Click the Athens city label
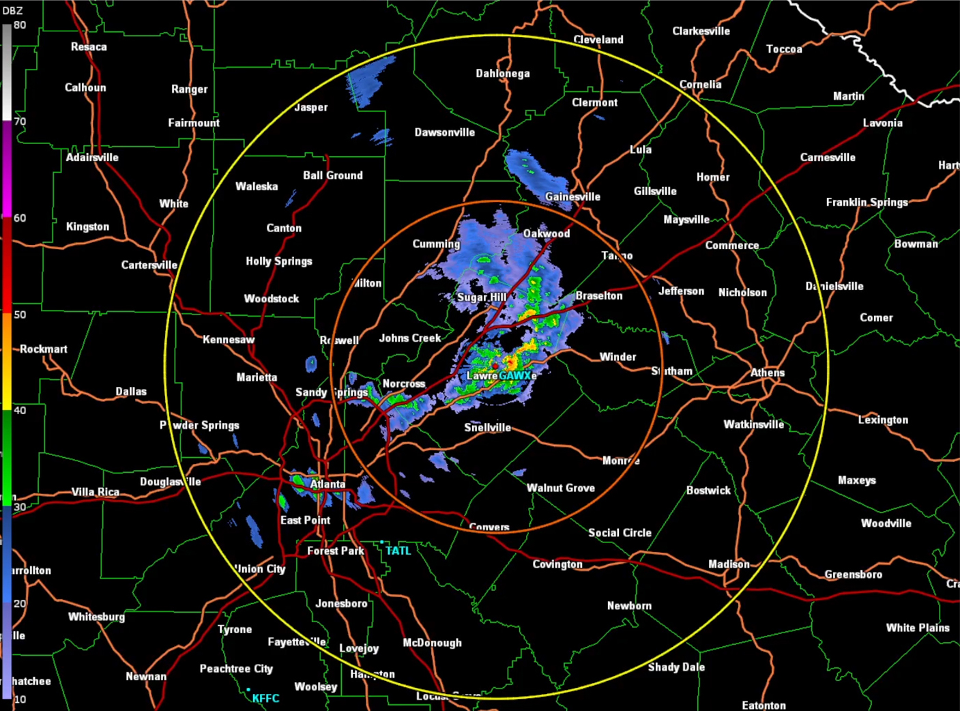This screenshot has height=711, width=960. tap(768, 373)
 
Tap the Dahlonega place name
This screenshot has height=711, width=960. tap(503, 74)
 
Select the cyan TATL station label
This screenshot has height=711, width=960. tap(398, 551)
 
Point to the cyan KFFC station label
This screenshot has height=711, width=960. tap(265, 698)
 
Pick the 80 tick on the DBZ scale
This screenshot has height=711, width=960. tap(20, 25)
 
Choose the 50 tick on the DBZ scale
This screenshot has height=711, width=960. tap(20, 315)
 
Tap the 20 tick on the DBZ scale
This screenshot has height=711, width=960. tap(20, 603)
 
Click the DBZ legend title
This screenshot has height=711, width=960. tap(12, 11)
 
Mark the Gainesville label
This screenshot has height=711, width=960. tap(572, 197)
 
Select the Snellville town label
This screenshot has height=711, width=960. tap(487, 428)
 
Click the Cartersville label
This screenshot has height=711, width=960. tap(149, 265)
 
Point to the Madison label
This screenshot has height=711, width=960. tap(729, 564)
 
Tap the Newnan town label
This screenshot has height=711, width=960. tap(146, 676)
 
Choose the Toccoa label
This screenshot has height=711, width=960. tap(784, 49)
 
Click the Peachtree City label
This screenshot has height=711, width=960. tap(236, 669)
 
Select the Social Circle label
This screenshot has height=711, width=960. tap(620, 533)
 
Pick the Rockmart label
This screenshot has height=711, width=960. tap(44, 349)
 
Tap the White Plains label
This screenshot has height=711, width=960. tap(918, 628)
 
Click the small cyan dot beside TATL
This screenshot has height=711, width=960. tap(382, 542)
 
